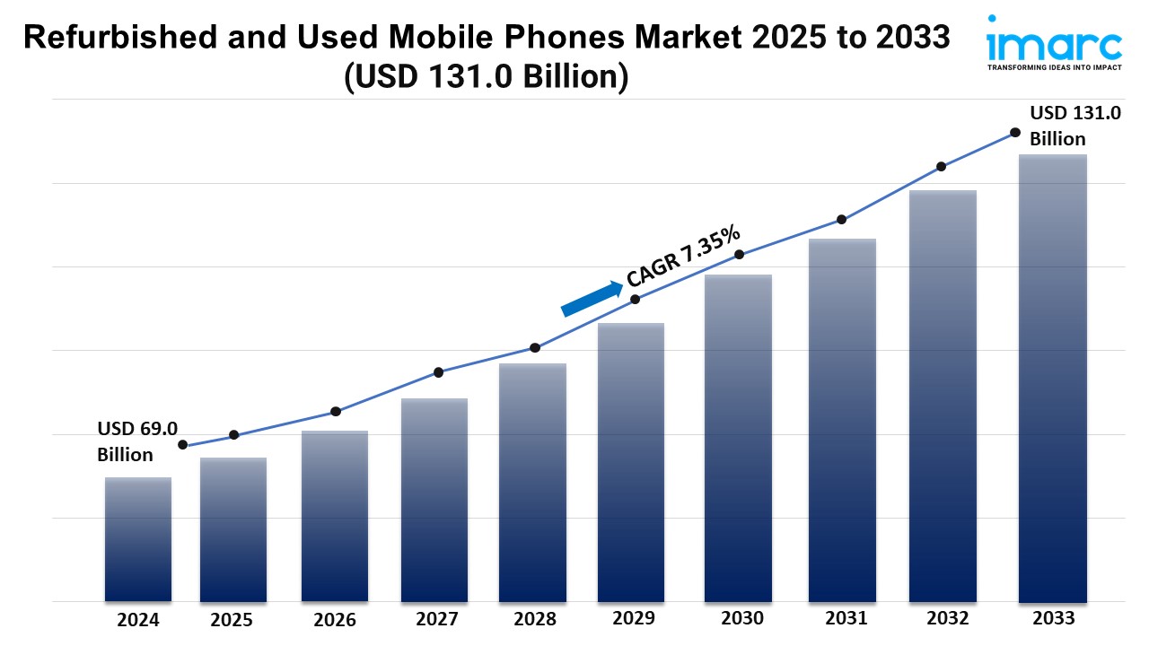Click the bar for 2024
pos(137,538)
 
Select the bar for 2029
pos(631,462)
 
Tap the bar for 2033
pos(1053,377)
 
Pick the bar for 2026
pos(335,516)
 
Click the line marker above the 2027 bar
pos(438,372)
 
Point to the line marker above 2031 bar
pos(842,219)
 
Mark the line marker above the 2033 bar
pos(1015,132)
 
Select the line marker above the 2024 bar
pos(183,445)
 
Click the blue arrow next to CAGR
pos(592,299)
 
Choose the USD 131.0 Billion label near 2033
pos(1074,126)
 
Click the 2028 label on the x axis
pos(536,619)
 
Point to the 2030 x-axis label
pos(742,618)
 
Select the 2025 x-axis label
pos(232,619)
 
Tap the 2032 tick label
pos(948,618)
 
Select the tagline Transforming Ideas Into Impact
pos(1054,67)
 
